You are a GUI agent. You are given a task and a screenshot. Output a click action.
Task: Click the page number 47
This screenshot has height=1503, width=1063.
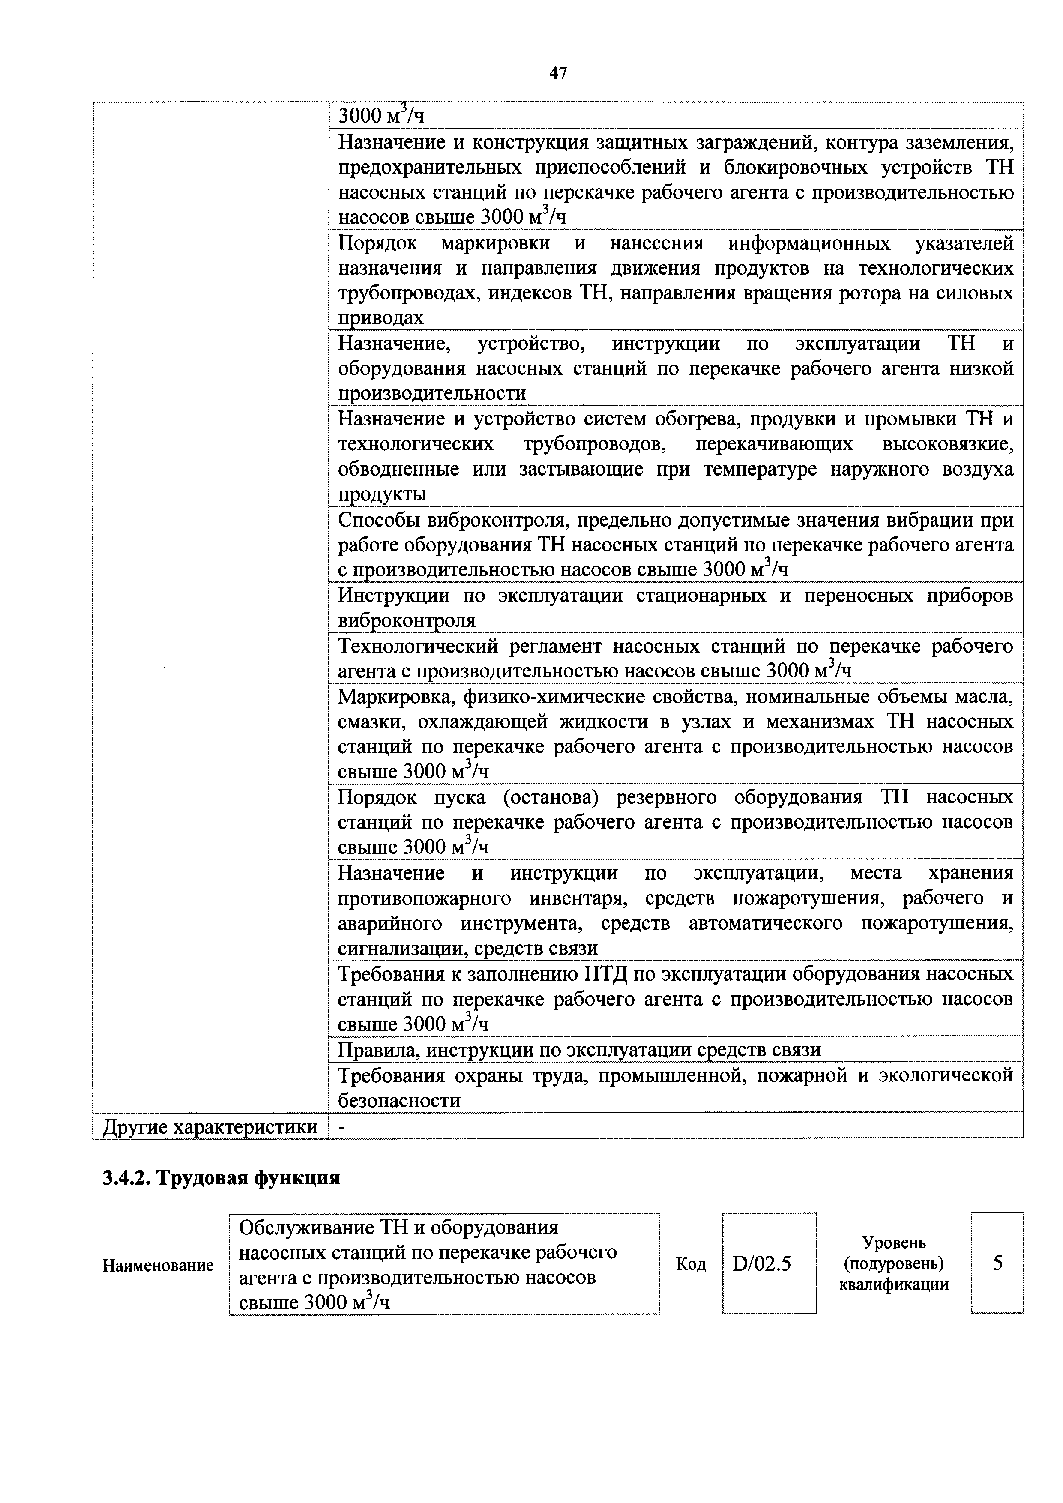click(x=558, y=73)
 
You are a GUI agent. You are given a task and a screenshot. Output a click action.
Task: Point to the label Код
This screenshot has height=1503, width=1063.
click(x=691, y=1264)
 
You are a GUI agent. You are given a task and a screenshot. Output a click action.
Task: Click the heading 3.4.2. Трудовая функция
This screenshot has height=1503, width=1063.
click(x=221, y=1178)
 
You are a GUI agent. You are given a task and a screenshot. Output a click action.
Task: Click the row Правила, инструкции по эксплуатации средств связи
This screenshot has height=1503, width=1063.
click(x=579, y=1050)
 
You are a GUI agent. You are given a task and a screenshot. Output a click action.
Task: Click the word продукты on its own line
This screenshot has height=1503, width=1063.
click(x=382, y=494)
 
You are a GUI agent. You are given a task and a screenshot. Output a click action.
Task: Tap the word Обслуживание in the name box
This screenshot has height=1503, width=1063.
click(x=304, y=1227)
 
